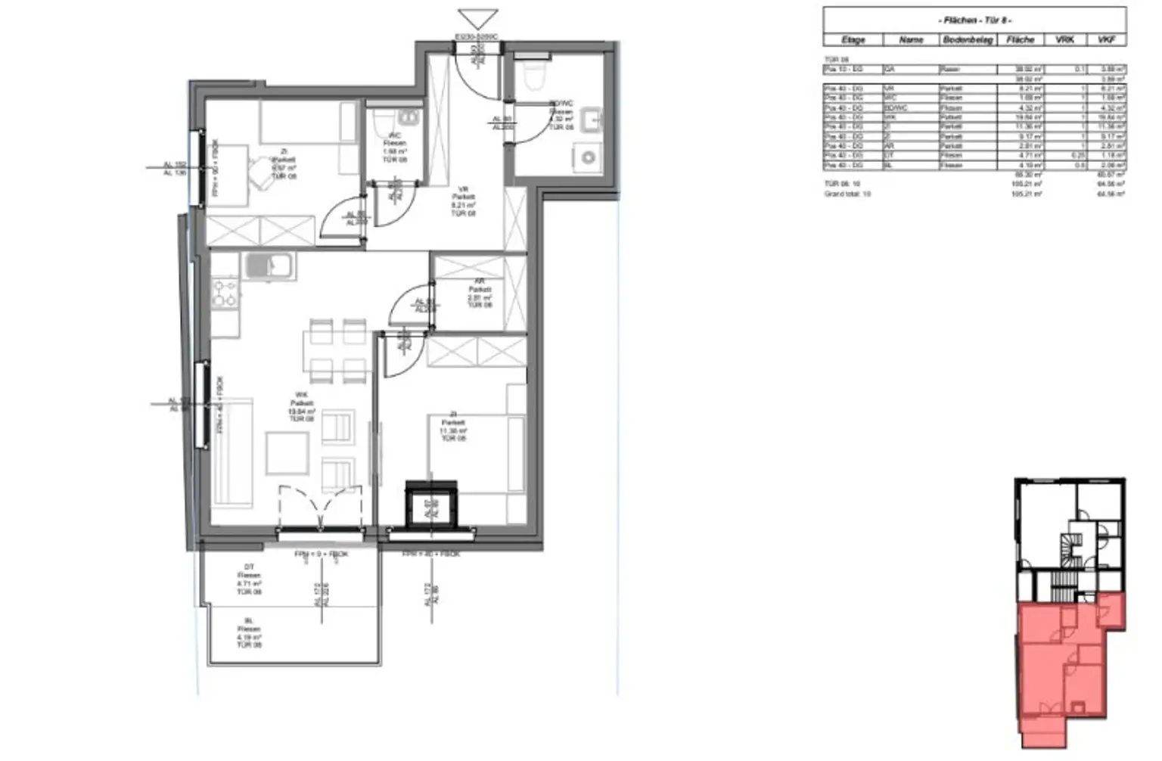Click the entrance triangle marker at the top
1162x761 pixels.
[477, 19]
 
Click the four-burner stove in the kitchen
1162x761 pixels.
[225, 293]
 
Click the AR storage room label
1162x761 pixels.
[479, 293]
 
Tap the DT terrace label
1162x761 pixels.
[249, 579]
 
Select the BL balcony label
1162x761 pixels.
[248, 633]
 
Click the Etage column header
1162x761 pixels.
[853, 39]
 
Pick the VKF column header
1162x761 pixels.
[1106, 39]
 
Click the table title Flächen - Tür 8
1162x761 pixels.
[974, 20]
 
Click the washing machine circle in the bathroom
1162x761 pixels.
[588, 158]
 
